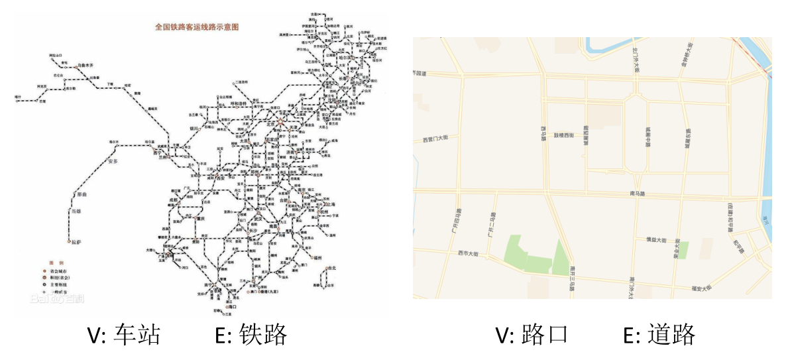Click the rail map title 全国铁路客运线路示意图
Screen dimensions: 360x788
(196, 27)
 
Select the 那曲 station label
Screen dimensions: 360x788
(82, 195)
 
